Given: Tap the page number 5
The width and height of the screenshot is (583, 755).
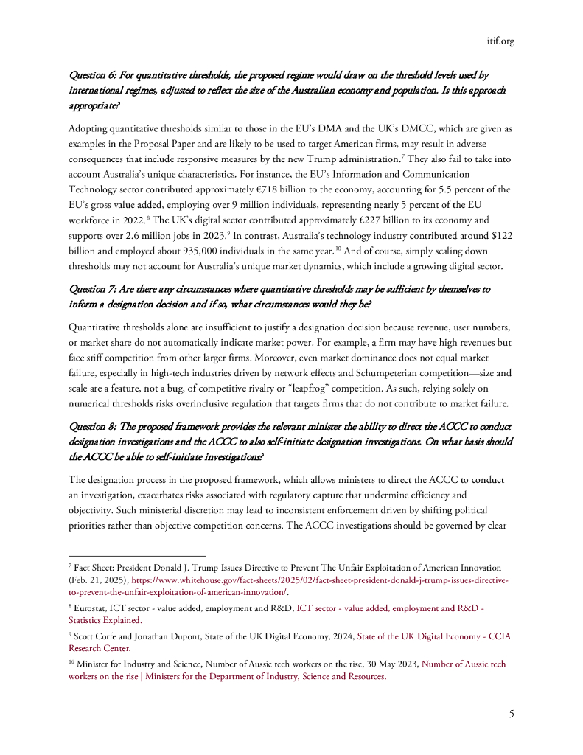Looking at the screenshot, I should point(511,714).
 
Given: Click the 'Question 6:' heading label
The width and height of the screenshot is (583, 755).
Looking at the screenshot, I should point(94,75).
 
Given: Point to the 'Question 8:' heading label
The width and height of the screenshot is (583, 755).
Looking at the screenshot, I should point(94,428).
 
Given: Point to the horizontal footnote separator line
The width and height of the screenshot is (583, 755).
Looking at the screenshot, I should point(136,555).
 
